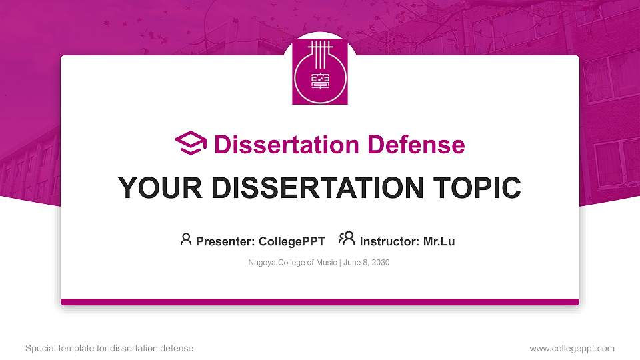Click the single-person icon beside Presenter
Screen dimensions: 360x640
[186, 239]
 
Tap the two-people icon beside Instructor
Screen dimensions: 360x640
[347, 239]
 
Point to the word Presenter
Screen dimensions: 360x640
[223, 241]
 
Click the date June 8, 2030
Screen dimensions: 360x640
[367, 263]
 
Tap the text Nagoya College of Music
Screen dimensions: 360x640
[292, 263]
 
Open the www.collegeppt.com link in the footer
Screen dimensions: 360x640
[572, 348]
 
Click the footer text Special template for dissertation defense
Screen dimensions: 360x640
[109, 348]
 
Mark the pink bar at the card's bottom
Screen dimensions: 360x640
[320, 302]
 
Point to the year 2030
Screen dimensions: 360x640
[381, 263]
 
